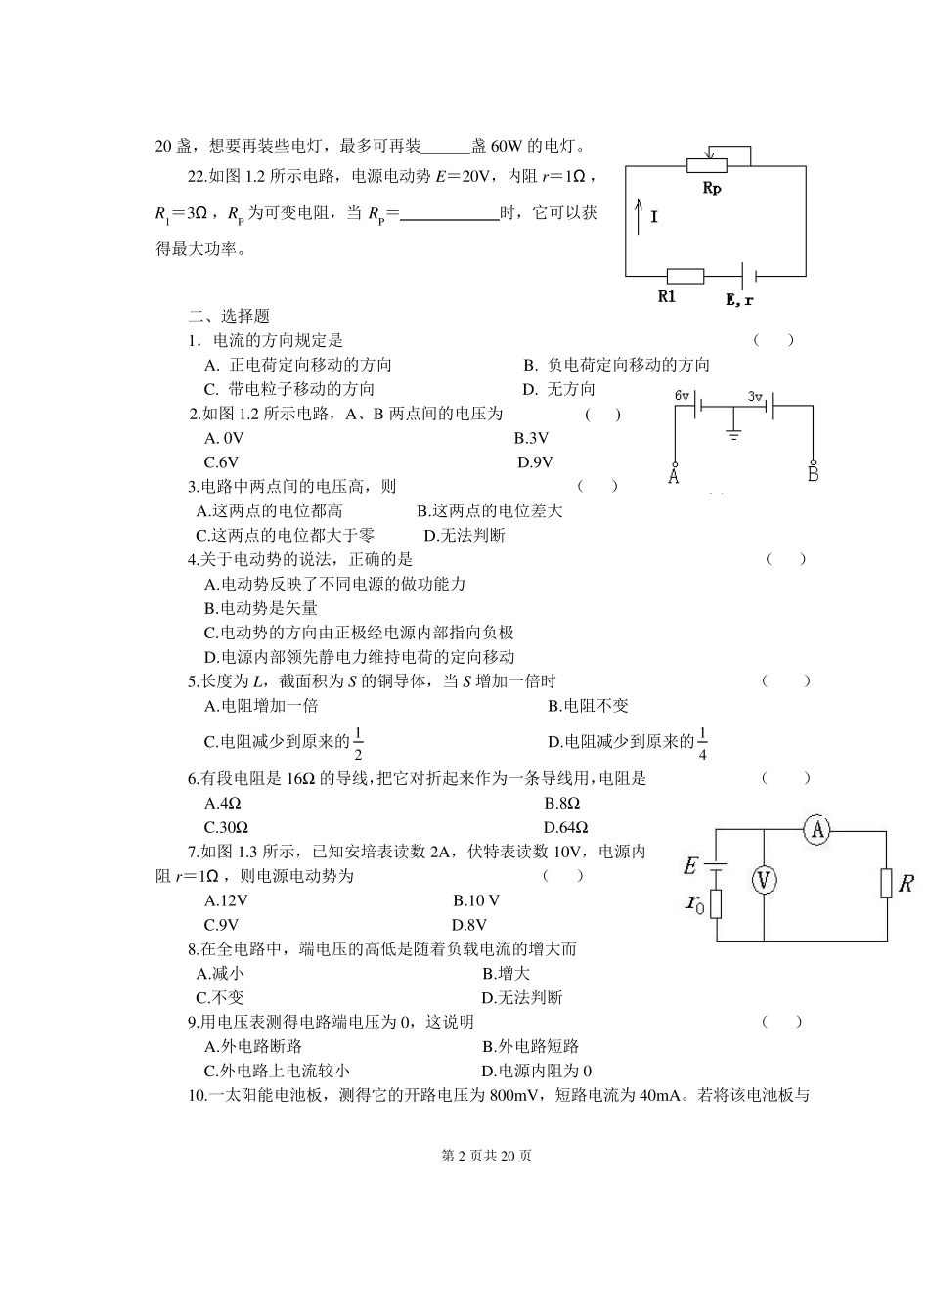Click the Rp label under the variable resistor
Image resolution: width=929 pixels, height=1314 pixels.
712,188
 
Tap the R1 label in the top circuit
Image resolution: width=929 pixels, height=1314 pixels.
667,297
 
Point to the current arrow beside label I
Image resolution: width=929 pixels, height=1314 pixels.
640,215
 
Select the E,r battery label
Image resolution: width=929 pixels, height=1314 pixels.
739,299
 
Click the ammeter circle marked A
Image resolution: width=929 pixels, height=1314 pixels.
817,830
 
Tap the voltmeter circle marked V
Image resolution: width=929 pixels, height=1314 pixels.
764,881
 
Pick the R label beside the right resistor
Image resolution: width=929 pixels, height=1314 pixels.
906,884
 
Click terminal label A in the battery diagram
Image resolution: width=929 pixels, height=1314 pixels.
673,477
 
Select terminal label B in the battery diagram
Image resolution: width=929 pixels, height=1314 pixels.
813,475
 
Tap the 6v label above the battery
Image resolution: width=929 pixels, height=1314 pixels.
683,396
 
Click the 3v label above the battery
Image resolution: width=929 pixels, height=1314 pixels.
754,396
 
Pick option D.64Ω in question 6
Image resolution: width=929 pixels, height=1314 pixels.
566,827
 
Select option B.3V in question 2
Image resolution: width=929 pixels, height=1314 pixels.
531,438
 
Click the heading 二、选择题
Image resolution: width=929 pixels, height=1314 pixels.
229,316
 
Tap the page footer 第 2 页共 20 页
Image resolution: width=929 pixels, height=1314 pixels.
487,1156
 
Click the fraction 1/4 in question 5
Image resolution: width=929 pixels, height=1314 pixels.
702,743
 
